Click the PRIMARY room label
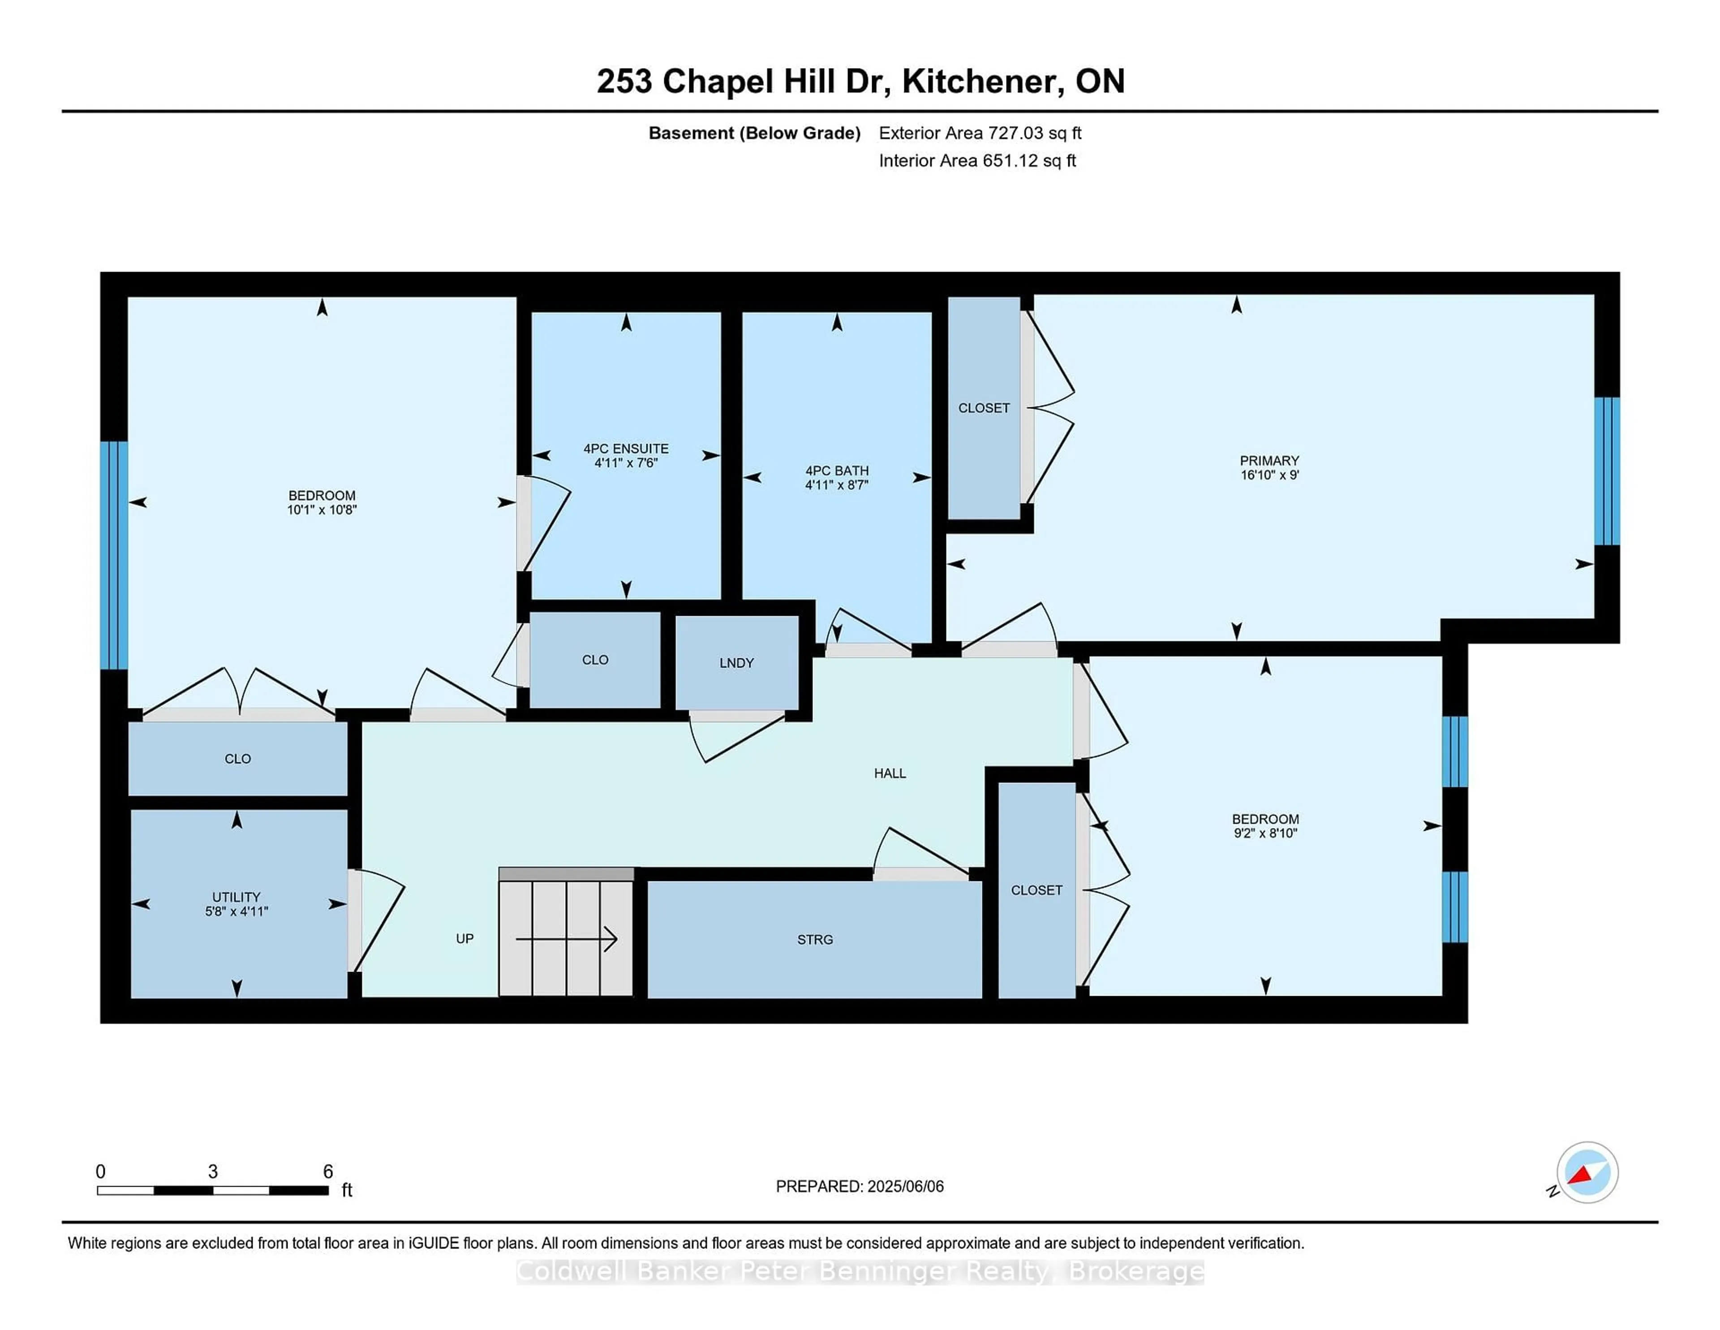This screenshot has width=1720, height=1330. (1269, 460)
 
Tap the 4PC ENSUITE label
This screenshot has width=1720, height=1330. (625, 448)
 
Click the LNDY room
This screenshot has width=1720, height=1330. (736, 663)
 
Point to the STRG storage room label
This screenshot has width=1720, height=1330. (814, 939)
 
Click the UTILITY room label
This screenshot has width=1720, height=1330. (236, 897)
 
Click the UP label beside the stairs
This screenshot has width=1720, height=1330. (464, 938)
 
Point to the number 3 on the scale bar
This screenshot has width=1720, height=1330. (213, 1172)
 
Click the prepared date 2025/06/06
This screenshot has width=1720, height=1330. (903, 1186)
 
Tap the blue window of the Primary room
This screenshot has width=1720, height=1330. (1607, 471)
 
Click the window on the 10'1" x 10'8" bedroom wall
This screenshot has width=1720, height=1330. (114, 555)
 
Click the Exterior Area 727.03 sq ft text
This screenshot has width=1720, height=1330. (980, 133)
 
